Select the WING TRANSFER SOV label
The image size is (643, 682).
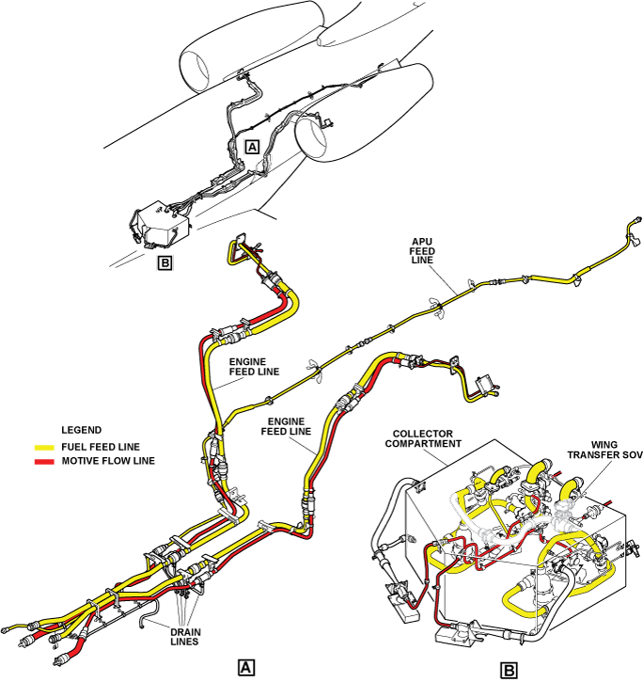(x=603, y=452)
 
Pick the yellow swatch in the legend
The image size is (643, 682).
(x=45, y=446)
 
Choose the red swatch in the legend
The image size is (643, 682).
(x=45, y=461)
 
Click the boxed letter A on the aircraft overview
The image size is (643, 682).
(x=251, y=146)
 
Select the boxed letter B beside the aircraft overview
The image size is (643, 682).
(x=165, y=262)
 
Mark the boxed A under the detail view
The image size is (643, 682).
(x=246, y=667)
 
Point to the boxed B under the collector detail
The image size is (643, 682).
(x=509, y=671)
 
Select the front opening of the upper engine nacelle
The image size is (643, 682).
(x=196, y=71)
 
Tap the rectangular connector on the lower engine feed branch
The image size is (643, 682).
(x=487, y=384)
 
